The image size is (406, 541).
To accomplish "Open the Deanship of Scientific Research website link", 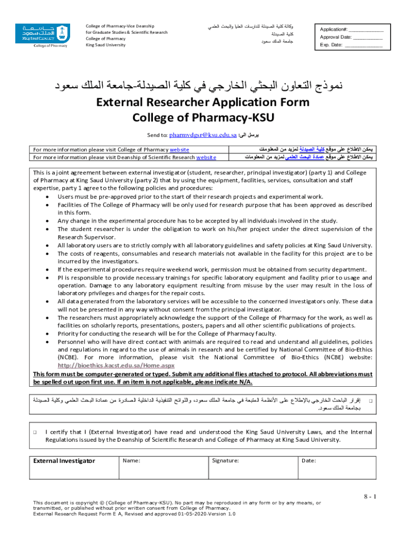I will pyautogui.click(x=206, y=157).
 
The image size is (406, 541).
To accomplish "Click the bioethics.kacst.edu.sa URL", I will pyautogui.click(x=115, y=366).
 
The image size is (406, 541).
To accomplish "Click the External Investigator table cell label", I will pyautogui.click(x=64, y=461).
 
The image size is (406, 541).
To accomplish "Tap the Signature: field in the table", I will pyautogui.click(x=225, y=461).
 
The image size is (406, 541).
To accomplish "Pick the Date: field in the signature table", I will pyautogui.click(x=308, y=461).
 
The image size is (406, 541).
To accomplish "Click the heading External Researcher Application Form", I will pyautogui.click(x=202, y=102).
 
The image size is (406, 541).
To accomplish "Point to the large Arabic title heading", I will pyautogui.click(x=202, y=85).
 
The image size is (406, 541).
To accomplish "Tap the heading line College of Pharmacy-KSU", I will pyautogui.click(x=202, y=117).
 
